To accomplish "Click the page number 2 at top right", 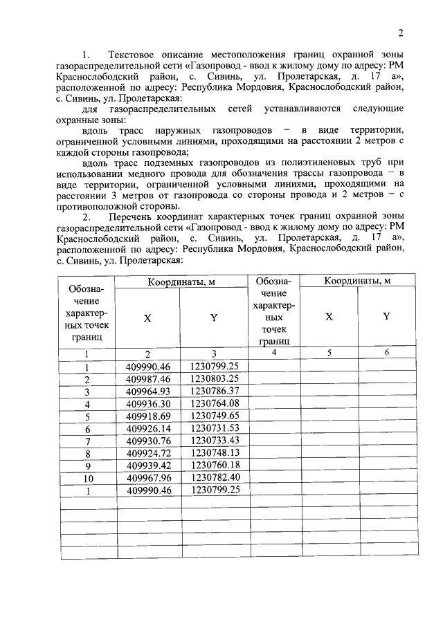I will coord(400,33).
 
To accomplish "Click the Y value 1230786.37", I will coord(215,391).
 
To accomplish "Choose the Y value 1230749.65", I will coord(215,416).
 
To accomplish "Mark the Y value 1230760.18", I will coord(215,465).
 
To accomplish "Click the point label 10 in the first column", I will coord(87,478).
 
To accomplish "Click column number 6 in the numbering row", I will coord(386,353).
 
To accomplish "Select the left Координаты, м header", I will coord(181,280).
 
